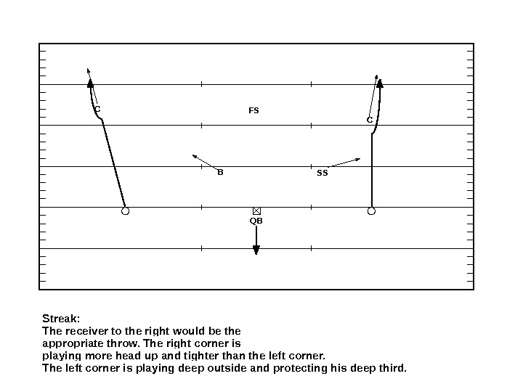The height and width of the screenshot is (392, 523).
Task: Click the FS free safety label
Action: coord(254,111)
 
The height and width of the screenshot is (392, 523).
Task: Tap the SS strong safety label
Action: coord(323,174)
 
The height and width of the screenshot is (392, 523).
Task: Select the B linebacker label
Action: coord(220,173)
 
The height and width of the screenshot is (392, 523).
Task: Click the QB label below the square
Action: coord(256,220)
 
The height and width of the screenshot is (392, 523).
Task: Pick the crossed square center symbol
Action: coord(256,211)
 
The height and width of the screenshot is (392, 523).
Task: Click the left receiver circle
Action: coord(125,211)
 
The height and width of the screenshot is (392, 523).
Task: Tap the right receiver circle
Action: coord(371,211)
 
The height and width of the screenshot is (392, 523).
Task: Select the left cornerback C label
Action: coord(97,110)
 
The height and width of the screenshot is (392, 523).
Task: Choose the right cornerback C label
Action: coord(369,119)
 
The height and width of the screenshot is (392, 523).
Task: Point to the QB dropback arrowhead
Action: coord(256,250)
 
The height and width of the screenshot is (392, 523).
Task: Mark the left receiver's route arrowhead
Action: coord(90,83)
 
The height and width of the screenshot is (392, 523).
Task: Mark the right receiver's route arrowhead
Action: coord(379,83)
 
